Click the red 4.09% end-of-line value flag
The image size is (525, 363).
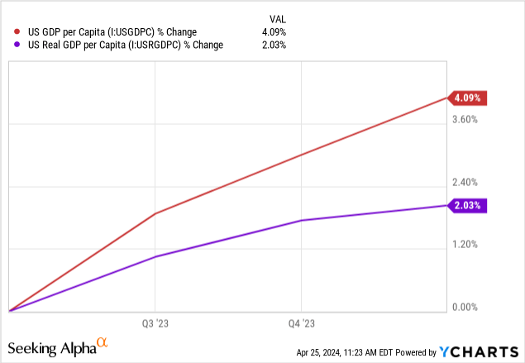pyautogui.click(x=469, y=98)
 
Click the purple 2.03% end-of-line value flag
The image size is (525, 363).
pyautogui.click(x=469, y=205)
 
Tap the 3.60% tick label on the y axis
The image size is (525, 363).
pyautogui.click(x=464, y=120)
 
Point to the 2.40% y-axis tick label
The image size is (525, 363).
pyautogui.click(x=464, y=182)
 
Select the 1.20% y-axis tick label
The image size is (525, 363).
pyautogui.click(x=464, y=245)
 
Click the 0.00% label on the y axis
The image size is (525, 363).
pyautogui.click(x=464, y=308)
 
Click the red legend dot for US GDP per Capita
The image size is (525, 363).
pyautogui.click(x=17, y=32)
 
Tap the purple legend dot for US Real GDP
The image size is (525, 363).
pyautogui.click(x=17, y=45)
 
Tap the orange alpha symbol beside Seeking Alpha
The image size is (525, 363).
pyautogui.click(x=103, y=342)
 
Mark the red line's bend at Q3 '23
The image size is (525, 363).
pyautogui.click(x=155, y=213)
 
